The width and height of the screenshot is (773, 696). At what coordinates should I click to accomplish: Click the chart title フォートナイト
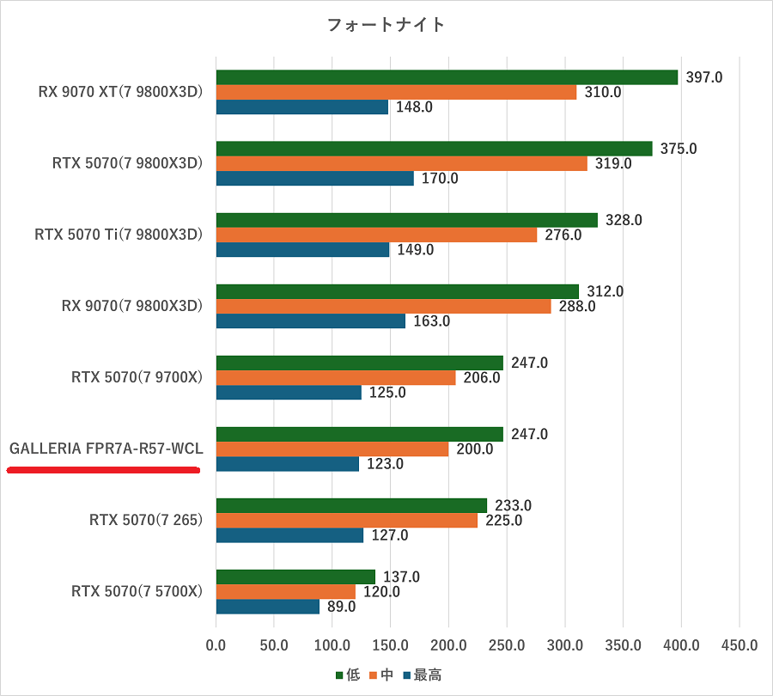click(x=386, y=25)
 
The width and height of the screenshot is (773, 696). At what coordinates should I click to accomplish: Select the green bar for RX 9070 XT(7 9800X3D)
click(x=447, y=77)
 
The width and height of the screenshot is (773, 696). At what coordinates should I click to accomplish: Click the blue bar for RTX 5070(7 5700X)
click(x=267, y=607)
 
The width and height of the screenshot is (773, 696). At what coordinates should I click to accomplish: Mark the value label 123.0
click(x=385, y=464)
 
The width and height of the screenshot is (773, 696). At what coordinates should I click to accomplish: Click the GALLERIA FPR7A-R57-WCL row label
click(x=106, y=449)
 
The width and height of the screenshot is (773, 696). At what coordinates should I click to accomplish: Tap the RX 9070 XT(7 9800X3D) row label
click(x=120, y=92)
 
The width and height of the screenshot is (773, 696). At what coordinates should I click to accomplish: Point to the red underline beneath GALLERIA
click(x=103, y=470)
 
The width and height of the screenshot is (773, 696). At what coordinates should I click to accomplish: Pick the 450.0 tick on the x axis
click(x=740, y=644)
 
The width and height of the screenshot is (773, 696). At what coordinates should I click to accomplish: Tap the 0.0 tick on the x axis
click(x=216, y=644)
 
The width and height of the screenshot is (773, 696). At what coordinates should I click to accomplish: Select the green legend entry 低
click(x=347, y=675)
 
